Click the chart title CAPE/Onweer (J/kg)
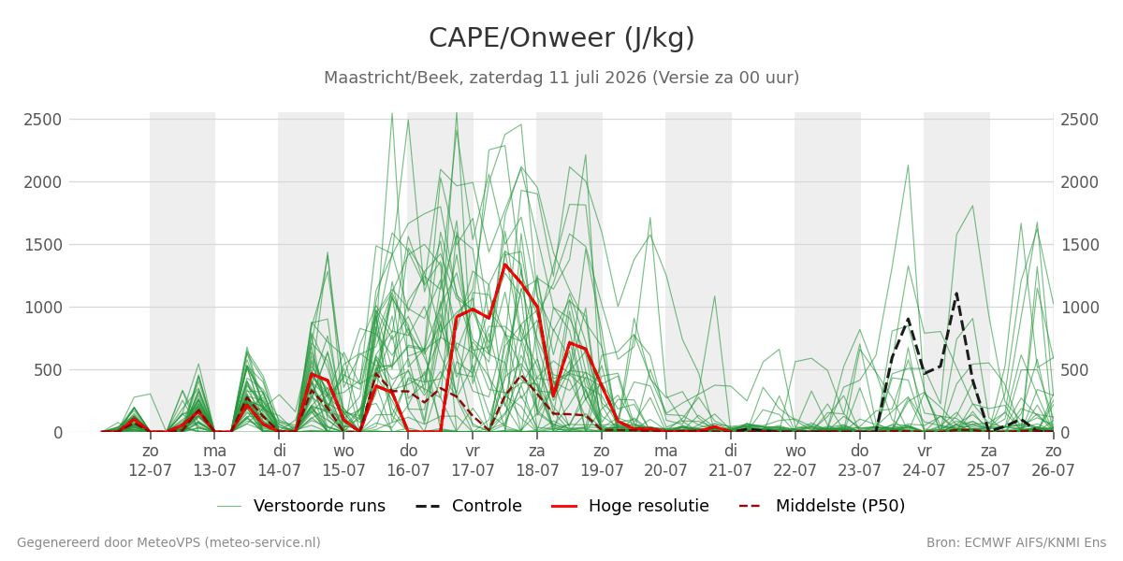tap(561, 38)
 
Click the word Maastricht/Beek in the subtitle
tap(394, 78)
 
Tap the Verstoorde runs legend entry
tap(300, 506)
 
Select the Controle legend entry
tap(468, 506)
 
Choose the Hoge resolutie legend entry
tap(630, 506)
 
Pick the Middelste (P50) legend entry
tap(823, 506)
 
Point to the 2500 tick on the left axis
tap(43, 120)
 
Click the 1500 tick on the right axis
tap(1079, 245)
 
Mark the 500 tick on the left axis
tap(48, 370)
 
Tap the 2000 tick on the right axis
tap(1079, 182)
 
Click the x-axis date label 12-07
tap(150, 471)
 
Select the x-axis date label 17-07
tap(473, 471)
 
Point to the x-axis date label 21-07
tap(730, 471)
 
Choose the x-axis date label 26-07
tap(1052, 471)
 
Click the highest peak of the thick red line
tap(504, 265)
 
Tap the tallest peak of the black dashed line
tap(956, 294)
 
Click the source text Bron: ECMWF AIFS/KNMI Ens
tap(1015, 543)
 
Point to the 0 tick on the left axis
tap(58, 433)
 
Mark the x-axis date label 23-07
tap(859, 471)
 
